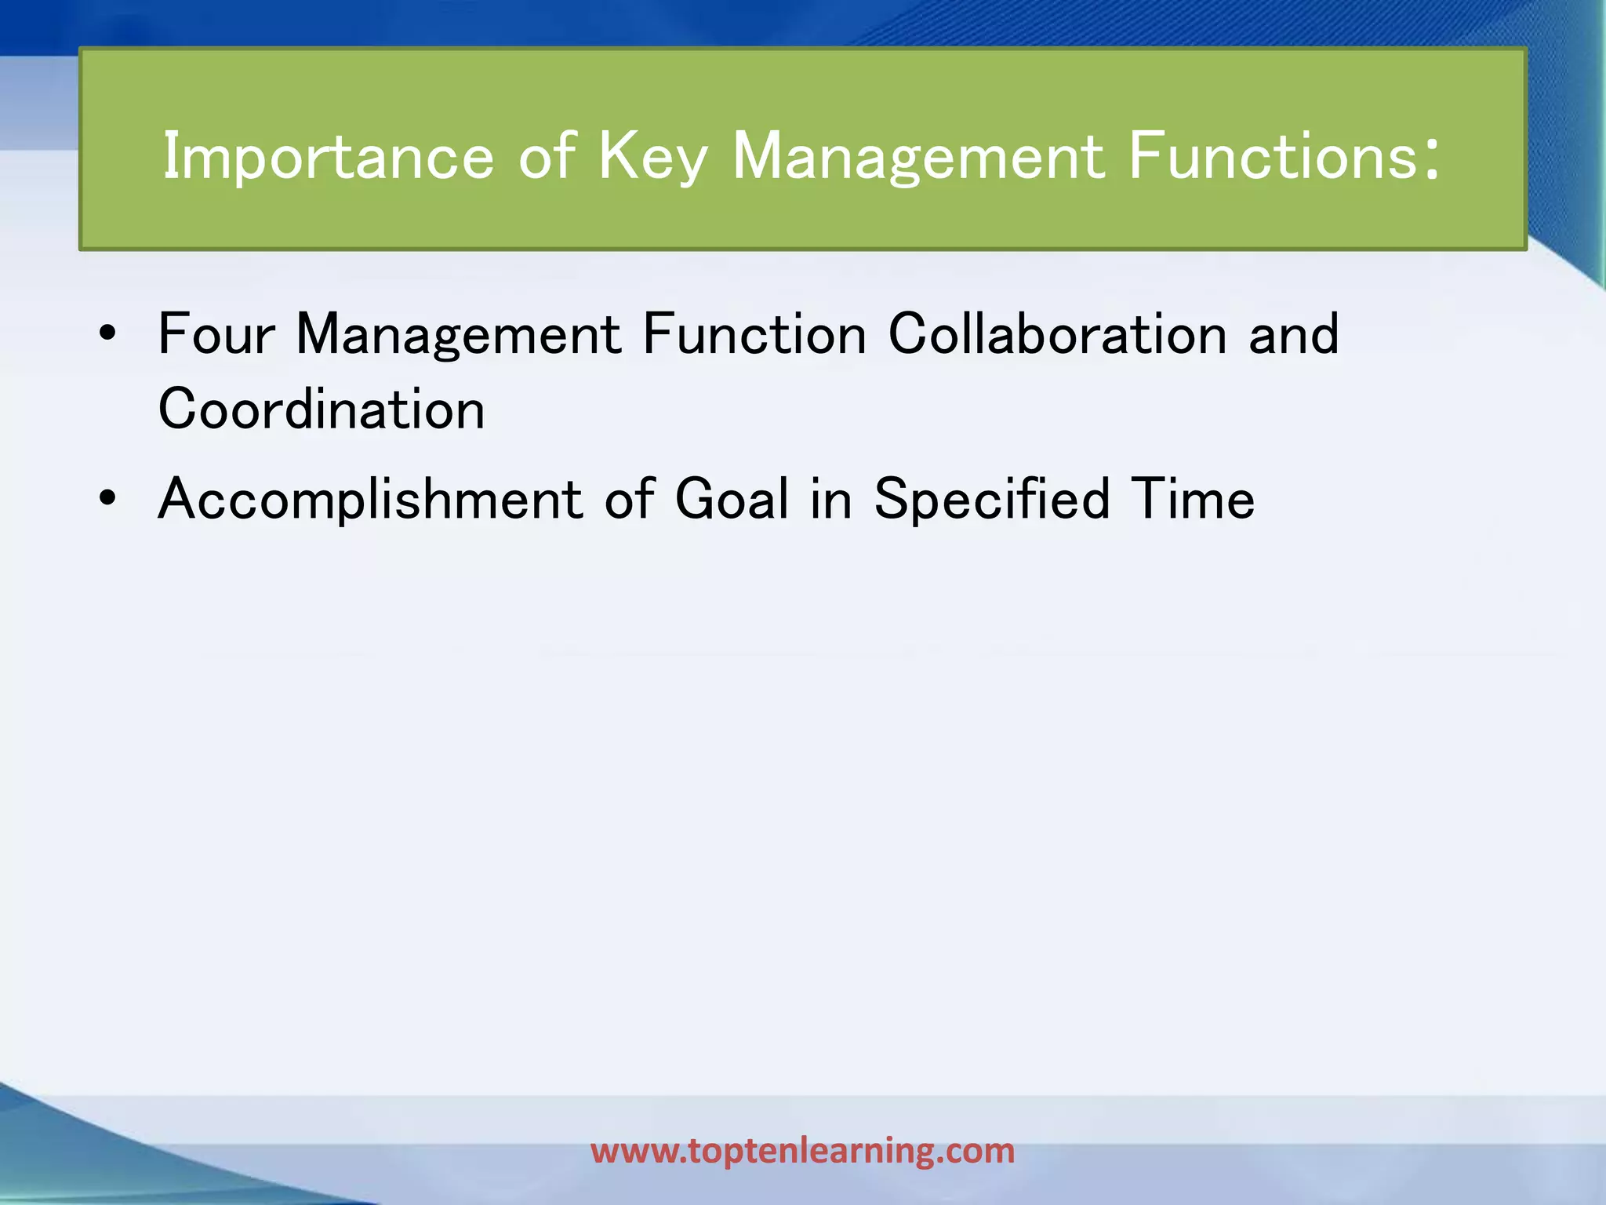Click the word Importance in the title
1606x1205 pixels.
328,158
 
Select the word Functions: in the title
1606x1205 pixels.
1284,158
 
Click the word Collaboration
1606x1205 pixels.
1057,335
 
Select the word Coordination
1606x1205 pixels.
322,410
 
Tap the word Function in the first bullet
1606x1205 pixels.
754,335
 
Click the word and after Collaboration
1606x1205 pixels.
1294,335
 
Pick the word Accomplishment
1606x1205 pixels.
370,500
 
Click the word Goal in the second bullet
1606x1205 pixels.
732,500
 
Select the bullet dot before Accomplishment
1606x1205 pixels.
108,499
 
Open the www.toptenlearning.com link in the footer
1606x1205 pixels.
802,1151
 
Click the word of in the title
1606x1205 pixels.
547,158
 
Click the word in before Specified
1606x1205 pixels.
830,500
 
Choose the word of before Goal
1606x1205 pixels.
629,500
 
